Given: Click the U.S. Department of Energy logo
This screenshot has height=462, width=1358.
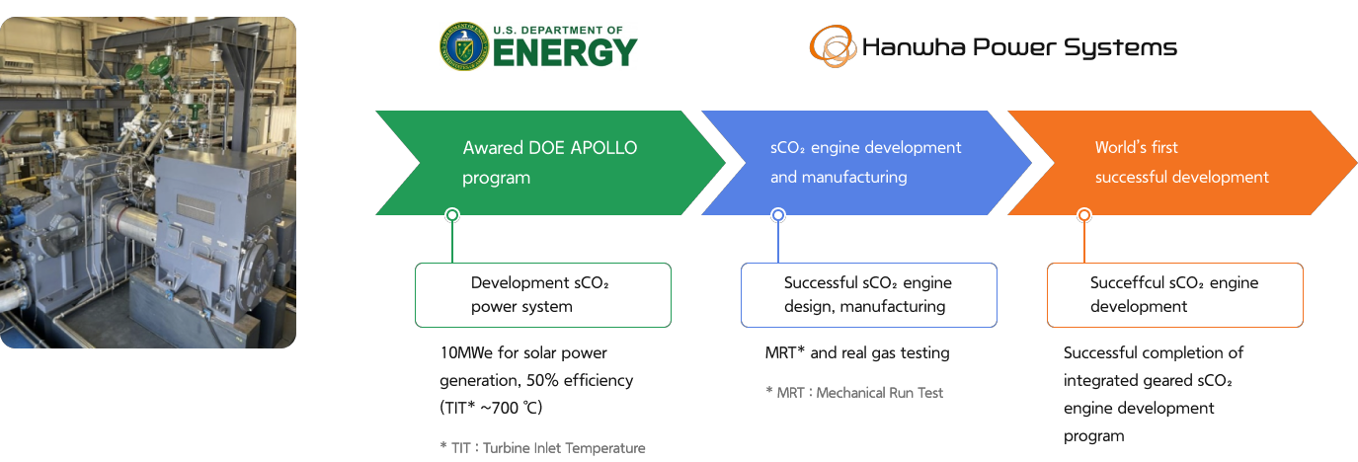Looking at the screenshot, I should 538,46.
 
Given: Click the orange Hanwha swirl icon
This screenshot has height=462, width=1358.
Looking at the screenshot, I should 833,46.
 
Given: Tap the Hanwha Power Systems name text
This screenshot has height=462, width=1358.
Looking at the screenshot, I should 1019,47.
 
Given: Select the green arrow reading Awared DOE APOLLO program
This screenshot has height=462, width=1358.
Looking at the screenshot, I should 549,163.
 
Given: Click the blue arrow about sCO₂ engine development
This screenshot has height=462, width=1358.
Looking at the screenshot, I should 865,163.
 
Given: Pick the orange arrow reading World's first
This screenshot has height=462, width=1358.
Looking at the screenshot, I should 1181,163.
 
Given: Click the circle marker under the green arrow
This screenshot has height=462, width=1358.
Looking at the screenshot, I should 452,215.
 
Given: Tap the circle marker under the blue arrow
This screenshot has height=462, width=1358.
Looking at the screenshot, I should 778,215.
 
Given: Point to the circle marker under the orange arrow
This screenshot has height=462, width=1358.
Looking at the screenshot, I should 1084,215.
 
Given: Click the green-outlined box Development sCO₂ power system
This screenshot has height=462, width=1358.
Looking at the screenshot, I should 542,295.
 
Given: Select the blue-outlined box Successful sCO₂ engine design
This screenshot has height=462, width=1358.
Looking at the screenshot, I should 868,295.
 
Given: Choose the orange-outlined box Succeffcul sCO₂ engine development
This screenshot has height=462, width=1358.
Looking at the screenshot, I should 1174,295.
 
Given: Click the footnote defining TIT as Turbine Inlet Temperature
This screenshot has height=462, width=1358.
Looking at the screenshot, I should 542,448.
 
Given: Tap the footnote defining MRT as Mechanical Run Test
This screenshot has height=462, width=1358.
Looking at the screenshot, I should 854,393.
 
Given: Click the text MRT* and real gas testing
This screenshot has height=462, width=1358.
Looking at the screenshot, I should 856,352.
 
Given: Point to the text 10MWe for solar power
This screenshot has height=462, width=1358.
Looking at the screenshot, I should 523,352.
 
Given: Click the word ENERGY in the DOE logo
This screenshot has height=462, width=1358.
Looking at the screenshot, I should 564,53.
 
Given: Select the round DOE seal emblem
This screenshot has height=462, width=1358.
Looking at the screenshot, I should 464,47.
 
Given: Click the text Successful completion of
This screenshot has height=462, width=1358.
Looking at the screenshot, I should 1153,352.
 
